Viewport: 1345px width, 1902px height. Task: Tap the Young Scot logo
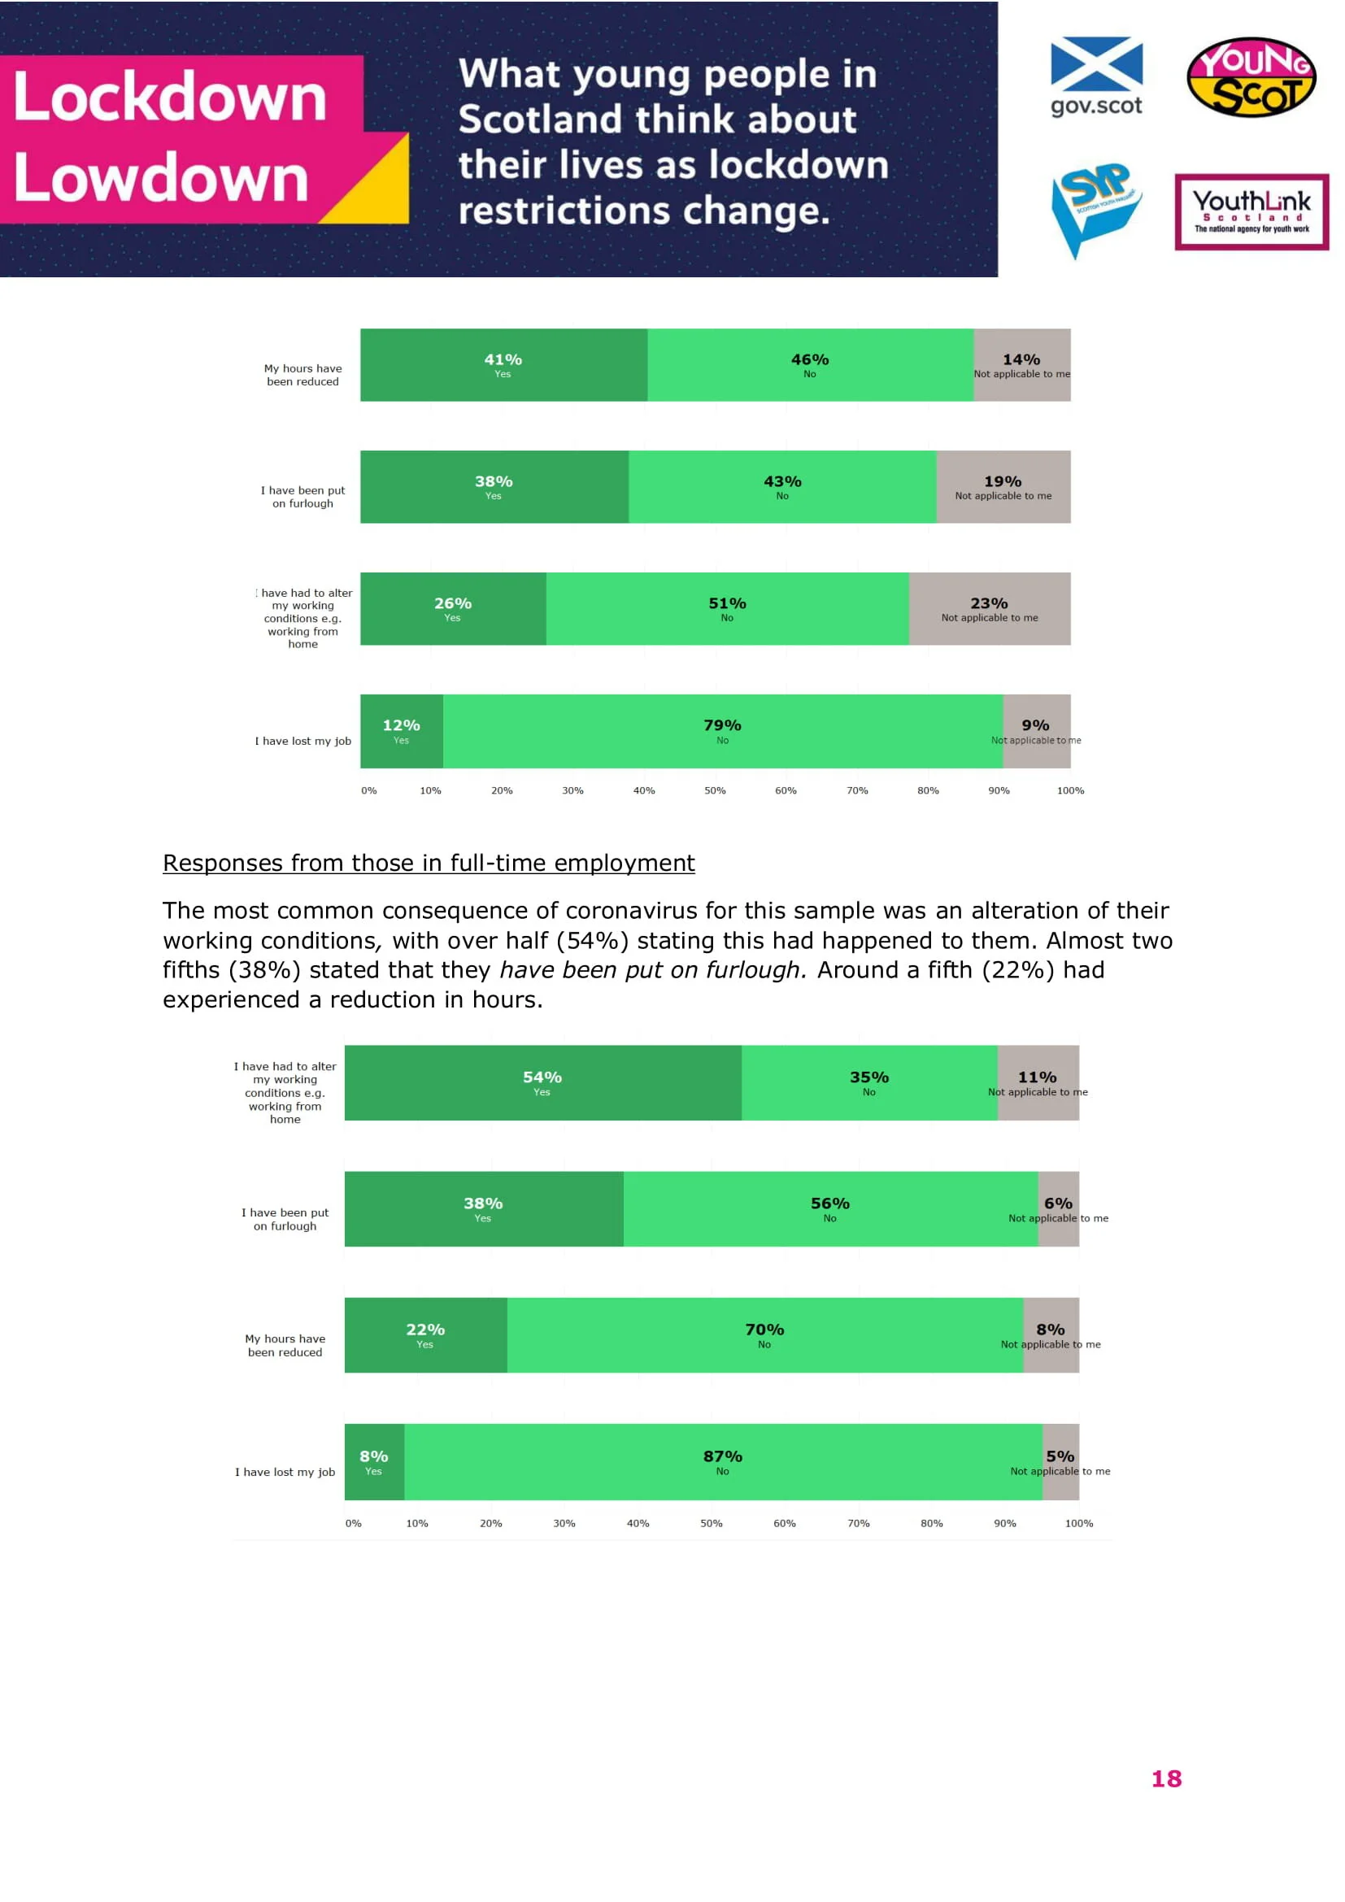1251,77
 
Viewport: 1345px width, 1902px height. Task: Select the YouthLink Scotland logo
1251,212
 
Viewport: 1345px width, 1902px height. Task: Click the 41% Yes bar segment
503,365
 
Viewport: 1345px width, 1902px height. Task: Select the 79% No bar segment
722,732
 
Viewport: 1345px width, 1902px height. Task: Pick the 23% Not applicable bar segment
989,609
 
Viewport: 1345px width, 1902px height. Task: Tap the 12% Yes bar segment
402,732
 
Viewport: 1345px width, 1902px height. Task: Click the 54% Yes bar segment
542,1082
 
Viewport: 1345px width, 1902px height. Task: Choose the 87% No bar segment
722,1462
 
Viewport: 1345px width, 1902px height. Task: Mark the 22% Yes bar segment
424,1335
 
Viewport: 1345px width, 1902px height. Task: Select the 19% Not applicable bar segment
1002,487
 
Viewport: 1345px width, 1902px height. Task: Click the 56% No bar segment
830,1208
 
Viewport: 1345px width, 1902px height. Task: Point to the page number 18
1166,1778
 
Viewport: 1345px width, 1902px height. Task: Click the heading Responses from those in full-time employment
429,864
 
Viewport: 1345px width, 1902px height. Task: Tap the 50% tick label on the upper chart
715,791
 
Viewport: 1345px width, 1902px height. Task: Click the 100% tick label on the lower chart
1078,1523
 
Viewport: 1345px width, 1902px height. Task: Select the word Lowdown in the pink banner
162,178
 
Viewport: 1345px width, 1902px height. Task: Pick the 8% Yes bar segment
373,1462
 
